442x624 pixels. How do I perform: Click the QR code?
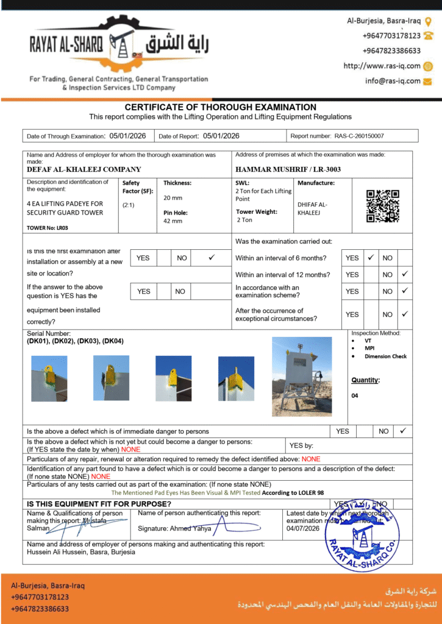click(x=382, y=206)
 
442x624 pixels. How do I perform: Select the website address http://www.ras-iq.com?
click(x=382, y=66)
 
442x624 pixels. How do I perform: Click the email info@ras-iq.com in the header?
click(x=393, y=80)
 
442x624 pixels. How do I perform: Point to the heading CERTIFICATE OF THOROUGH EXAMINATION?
click(x=221, y=107)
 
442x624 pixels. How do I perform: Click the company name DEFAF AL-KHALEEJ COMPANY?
click(x=84, y=169)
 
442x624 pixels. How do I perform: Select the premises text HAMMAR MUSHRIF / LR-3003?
click(x=288, y=169)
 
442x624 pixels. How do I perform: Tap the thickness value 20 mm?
click(x=173, y=198)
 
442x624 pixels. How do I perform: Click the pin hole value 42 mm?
click(x=173, y=221)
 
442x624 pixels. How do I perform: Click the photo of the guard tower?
click(x=301, y=376)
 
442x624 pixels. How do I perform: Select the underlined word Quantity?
click(x=365, y=380)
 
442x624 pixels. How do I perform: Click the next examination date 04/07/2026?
click(x=303, y=528)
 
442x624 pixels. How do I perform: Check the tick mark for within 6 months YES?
click(x=371, y=258)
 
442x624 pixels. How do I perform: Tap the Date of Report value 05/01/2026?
click(x=221, y=136)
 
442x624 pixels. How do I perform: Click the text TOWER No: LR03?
click(x=48, y=227)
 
